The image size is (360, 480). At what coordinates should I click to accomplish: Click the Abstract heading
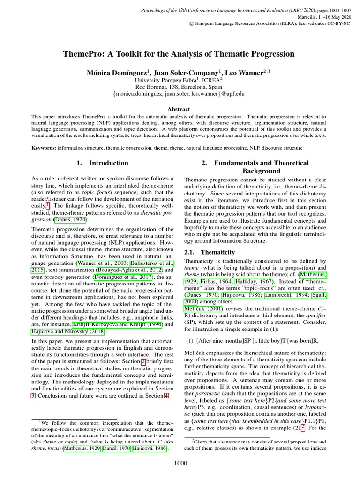click(x=179, y=109)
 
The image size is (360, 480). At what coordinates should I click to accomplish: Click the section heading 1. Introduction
click(x=102, y=163)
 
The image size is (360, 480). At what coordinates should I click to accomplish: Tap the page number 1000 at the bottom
click(x=180, y=464)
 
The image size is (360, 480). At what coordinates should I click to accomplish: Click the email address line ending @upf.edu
click(x=179, y=94)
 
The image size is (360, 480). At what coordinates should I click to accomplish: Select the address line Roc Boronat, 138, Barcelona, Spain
click(x=179, y=87)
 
